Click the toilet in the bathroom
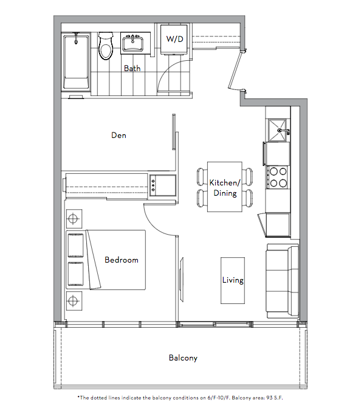click(106, 46)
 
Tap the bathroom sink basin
click(133, 44)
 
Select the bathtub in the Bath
click(76, 61)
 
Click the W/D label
click(175, 39)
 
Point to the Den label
click(119, 135)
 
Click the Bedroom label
click(122, 260)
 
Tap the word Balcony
click(183, 358)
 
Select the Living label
click(233, 280)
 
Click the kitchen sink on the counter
click(278, 130)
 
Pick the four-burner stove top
click(278, 177)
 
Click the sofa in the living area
click(283, 281)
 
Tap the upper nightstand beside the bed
click(74, 218)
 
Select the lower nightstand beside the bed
click(74, 300)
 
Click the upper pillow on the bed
click(76, 246)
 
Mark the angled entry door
click(235, 69)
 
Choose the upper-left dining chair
click(202, 176)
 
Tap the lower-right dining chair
click(247, 198)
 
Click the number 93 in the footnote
click(269, 398)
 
